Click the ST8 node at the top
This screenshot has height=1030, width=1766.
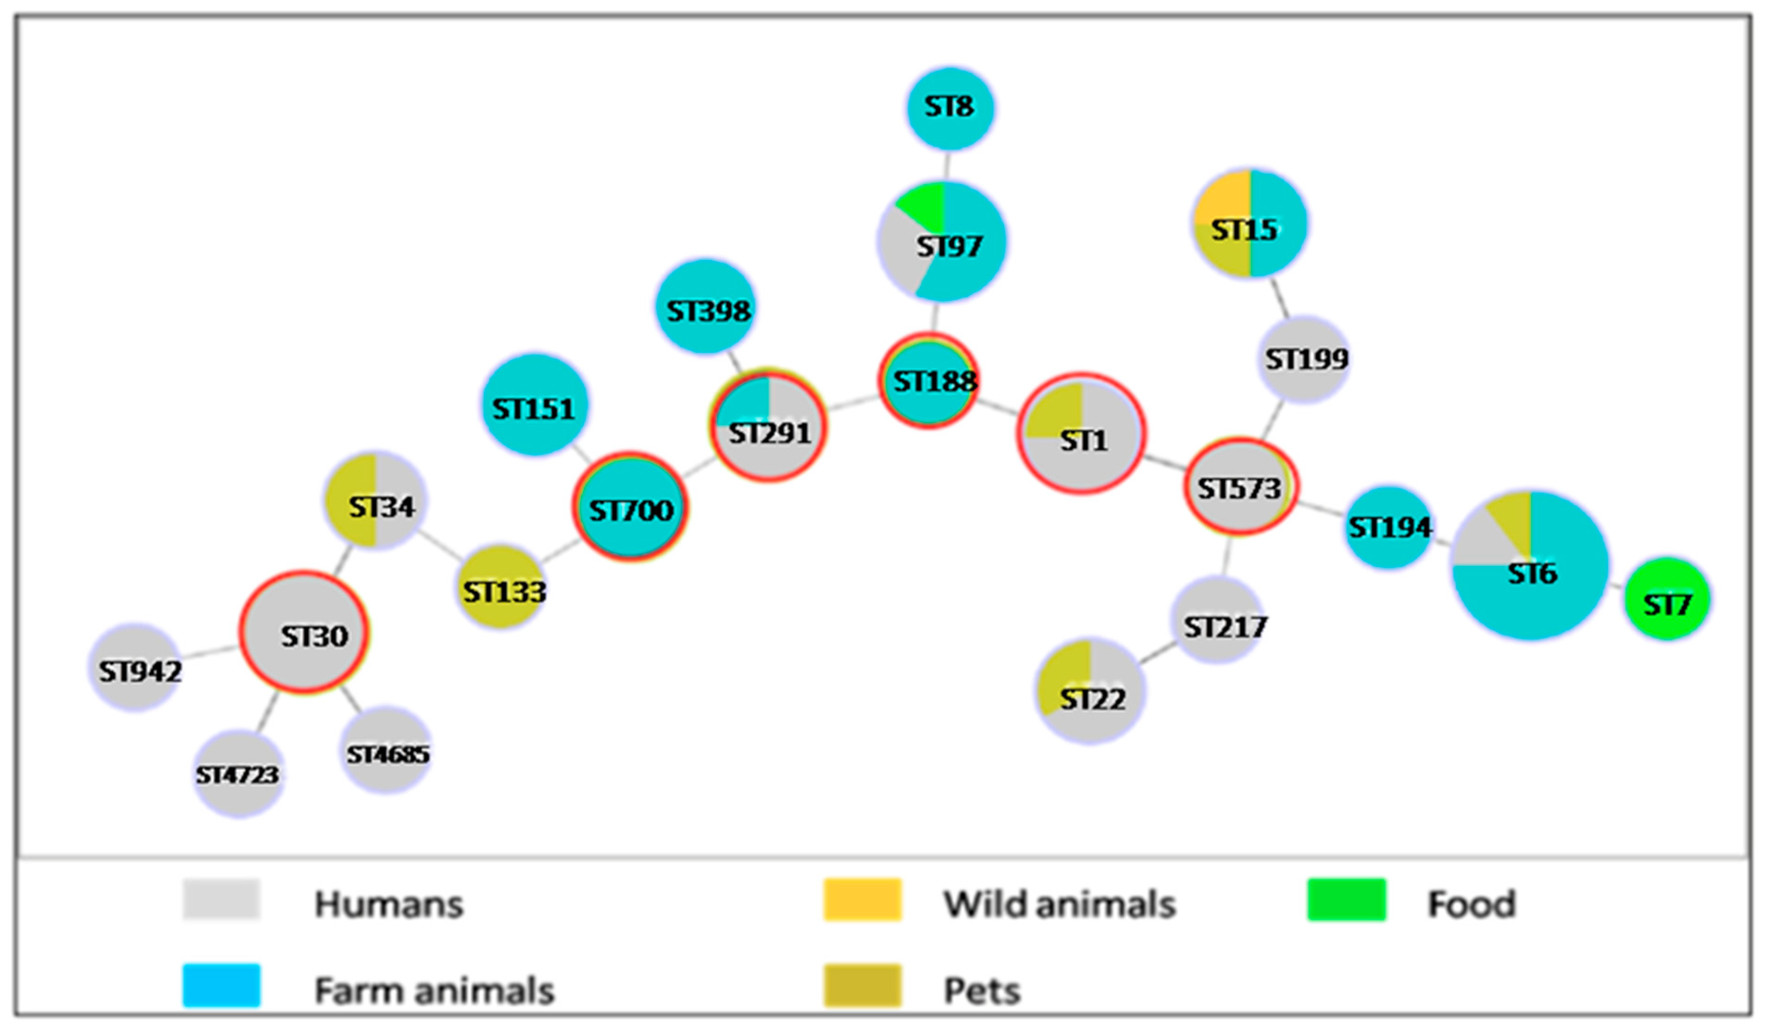tap(950, 108)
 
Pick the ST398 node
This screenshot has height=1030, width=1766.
tap(706, 307)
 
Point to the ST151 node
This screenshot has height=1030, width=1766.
tap(535, 405)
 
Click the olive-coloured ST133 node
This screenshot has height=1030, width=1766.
tap(501, 587)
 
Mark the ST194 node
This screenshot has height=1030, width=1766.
tap(1389, 527)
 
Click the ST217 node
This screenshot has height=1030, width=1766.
tap(1219, 620)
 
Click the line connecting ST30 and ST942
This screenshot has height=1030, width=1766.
tap(209, 653)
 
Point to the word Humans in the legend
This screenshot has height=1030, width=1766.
tap(389, 904)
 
